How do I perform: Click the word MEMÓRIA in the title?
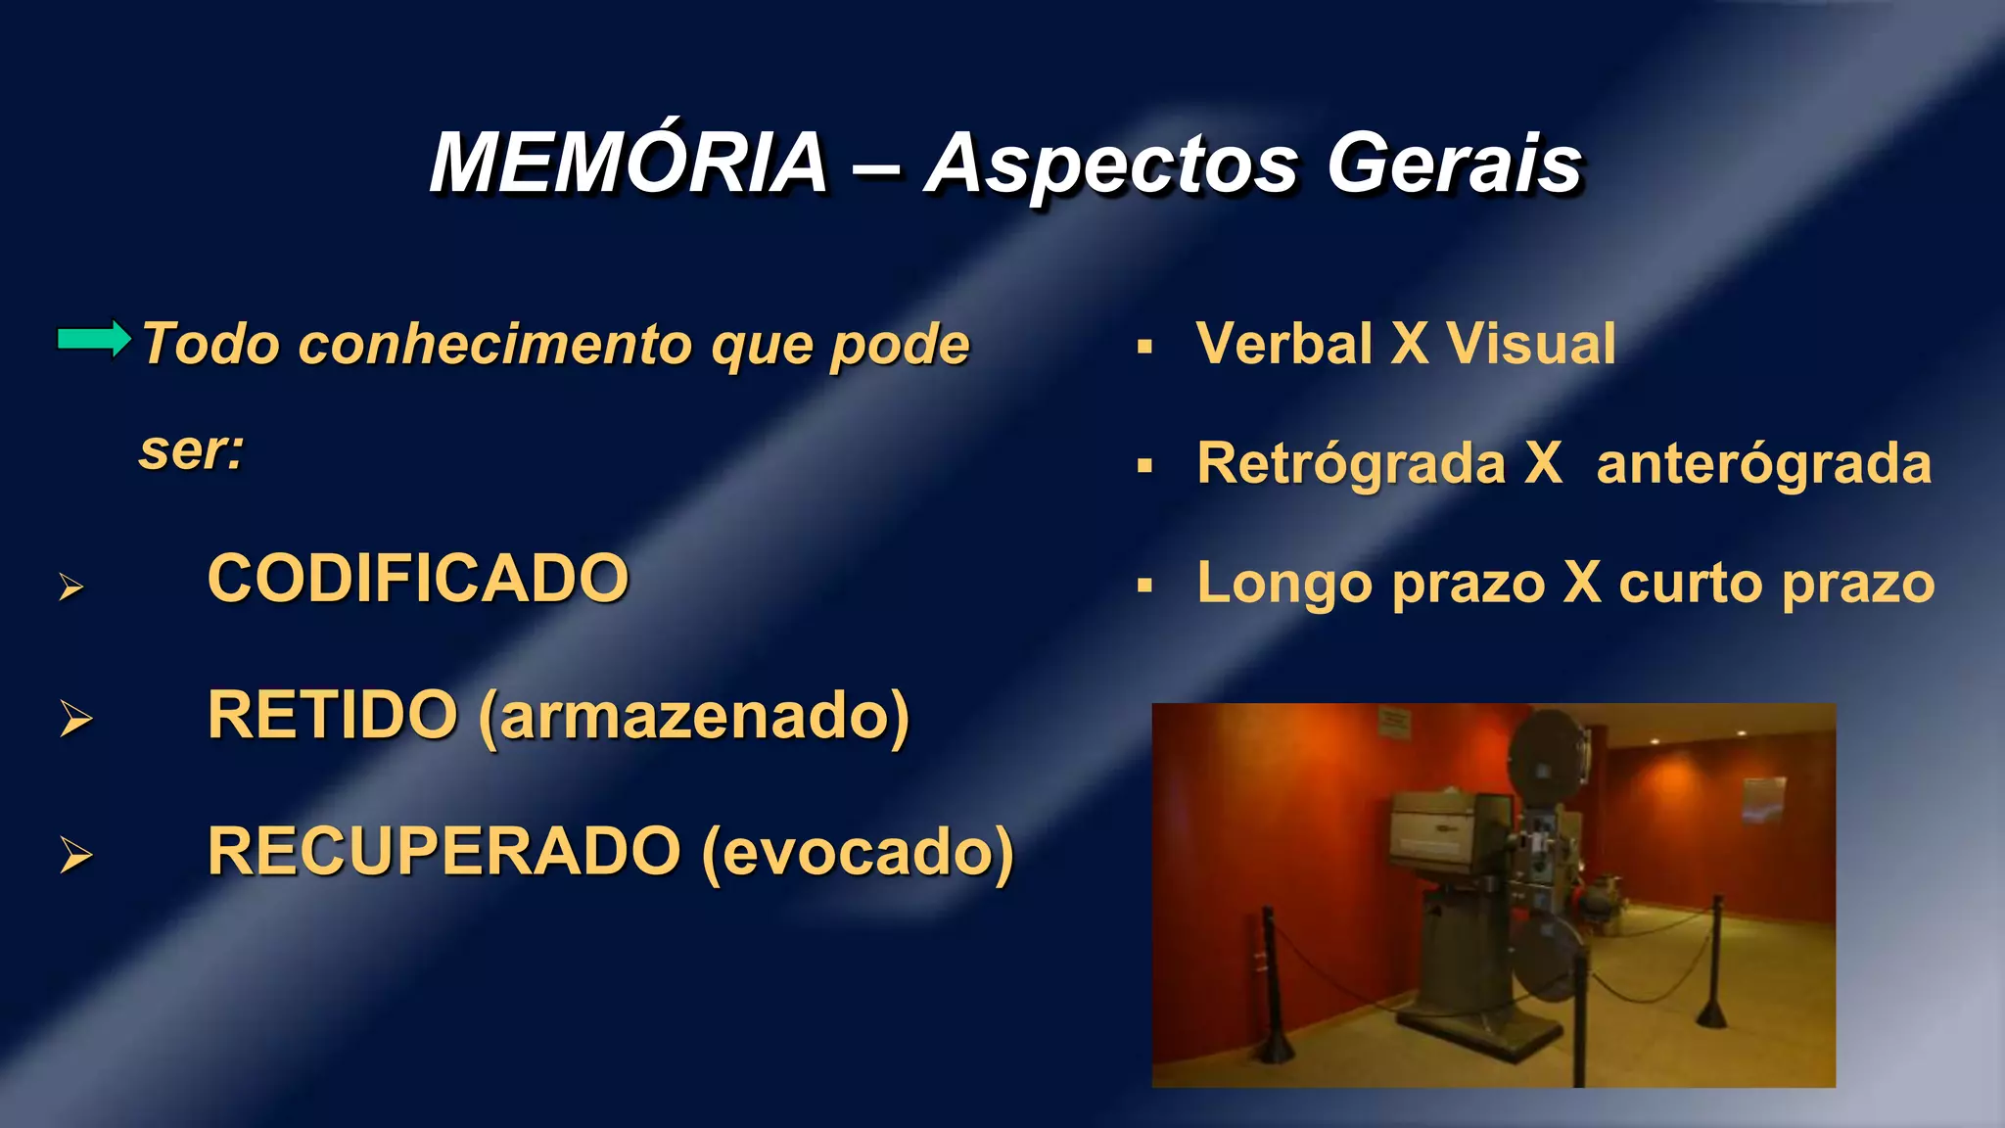[629, 164]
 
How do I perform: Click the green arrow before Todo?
[93, 339]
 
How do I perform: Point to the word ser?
[191, 451]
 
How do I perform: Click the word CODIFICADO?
[418, 578]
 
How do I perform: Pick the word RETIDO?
[332, 715]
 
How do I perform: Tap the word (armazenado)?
[694, 717]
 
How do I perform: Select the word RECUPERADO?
[443, 851]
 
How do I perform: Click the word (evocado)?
[858, 853]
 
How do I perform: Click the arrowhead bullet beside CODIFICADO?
[70, 587]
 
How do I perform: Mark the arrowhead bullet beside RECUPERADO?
[75, 855]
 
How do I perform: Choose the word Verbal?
[1283, 344]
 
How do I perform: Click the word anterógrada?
[1763, 464]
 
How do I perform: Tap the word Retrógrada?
[1351, 464]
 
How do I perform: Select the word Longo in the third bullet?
[1284, 585]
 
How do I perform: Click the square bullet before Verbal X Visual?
[1144, 347]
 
